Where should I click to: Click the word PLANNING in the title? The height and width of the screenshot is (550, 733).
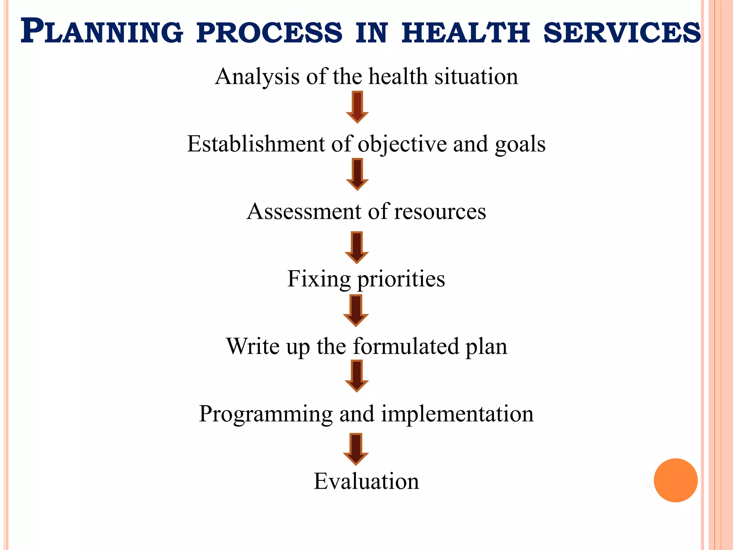pos(102,32)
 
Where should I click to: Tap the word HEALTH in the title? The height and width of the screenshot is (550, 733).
pos(465,32)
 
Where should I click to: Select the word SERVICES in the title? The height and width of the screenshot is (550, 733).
pos(622,32)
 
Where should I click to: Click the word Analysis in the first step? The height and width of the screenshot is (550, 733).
pos(257,77)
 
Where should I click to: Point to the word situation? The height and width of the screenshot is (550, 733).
pos(476,77)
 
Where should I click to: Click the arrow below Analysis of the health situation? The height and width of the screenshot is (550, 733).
pos(357,107)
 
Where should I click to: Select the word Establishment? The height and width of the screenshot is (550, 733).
pos(255,144)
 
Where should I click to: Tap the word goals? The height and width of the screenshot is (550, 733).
pos(520,144)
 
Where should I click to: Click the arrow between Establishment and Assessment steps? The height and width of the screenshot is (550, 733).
pos(357,174)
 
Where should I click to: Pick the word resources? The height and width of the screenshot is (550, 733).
pos(440,212)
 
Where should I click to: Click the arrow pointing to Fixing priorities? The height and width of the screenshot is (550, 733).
pos(356,247)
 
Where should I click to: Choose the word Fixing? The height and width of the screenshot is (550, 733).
pos(319,279)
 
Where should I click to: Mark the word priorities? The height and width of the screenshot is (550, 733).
pos(401,279)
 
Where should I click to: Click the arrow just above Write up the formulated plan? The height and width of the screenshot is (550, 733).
pos(356,310)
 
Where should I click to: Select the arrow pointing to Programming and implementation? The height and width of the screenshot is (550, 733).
pos(356,376)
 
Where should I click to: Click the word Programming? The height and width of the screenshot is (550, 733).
pos(266,414)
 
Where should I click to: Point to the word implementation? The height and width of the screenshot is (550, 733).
pos(457,414)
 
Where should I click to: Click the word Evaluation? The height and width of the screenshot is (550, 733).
pos(366,481)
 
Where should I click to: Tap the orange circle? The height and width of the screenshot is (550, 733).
pos(675,480)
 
